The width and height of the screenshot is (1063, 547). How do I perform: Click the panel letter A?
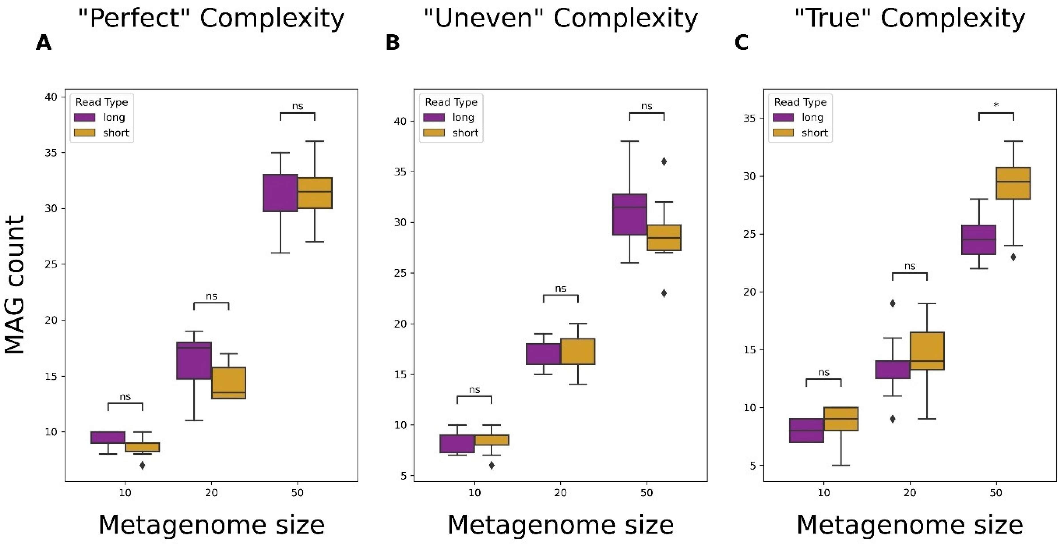click(x=44, y=43)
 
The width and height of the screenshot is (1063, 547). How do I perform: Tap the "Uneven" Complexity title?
click(x=560, y=19)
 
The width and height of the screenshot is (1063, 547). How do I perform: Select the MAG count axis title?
click(x=15, y=285)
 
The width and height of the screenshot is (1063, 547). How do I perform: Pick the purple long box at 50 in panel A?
click(x=281, y=193)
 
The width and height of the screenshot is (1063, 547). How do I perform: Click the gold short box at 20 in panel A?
click(x=229, y=383)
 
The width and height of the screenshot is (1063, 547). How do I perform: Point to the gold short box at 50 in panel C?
click(x=1013, y=183)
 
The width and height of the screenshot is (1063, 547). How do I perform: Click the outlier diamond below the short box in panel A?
click(x=142, y=465)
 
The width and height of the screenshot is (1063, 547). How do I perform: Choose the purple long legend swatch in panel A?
click(x=85, y=117)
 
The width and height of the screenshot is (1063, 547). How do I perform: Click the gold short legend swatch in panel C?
click(x=783, y=133)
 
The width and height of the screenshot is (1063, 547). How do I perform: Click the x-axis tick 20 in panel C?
click(x=910, y=492)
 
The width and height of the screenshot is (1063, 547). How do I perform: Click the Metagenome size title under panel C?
click(x=910, y=525)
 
